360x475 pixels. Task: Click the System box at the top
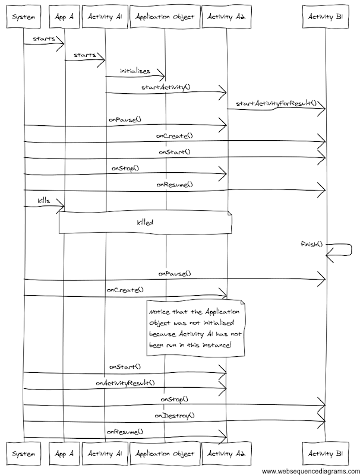coord(23,17)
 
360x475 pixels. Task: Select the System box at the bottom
coord(23,454)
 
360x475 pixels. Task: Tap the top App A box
coord(64,17)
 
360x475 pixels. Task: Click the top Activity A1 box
coord(105,17)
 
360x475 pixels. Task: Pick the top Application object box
coord(165,17)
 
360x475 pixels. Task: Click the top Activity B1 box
coord(326,17)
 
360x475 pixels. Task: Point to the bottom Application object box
coord(165,454)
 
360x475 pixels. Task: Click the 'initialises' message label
coord(135,71)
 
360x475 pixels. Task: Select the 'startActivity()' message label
coord(166,87)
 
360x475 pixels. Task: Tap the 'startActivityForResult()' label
coord(276,103)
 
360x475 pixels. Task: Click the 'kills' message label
coord(43,201)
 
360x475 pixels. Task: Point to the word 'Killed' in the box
coord(146,222)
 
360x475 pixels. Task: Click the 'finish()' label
coord(311,245)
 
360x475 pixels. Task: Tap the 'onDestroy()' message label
coord(175,415)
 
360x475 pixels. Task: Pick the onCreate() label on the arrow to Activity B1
coord(174,136)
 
